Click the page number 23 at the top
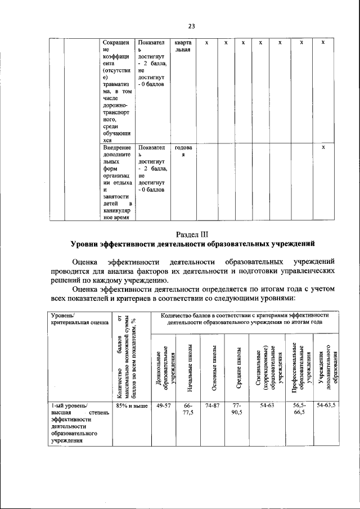[191, 26]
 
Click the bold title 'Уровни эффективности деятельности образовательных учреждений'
[192, 244]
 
